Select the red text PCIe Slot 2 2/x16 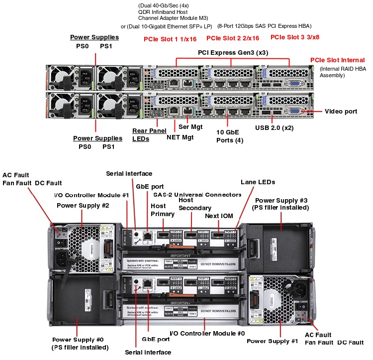[233, 38]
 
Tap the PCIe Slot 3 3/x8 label [295, 37]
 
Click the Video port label [341, 112]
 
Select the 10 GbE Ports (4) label [229, 136]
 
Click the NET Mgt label [180, 137]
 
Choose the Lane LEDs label [258, 182]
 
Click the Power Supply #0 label [79, 340]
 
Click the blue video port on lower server [295, 112]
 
